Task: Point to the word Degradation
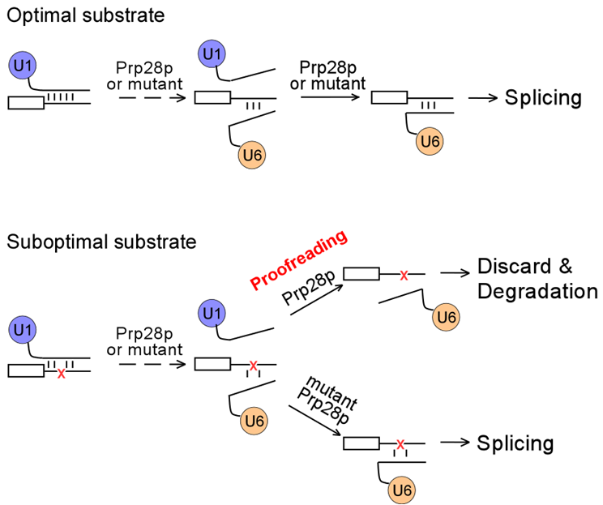[x=537, y=291]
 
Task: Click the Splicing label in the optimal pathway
[x=543, y=98]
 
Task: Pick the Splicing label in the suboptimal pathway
[x=515, y=443]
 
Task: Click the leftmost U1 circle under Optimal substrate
[x=24, y=64]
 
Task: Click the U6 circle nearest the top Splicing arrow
[x=430, y=142]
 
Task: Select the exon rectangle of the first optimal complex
[x=25, y=103]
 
